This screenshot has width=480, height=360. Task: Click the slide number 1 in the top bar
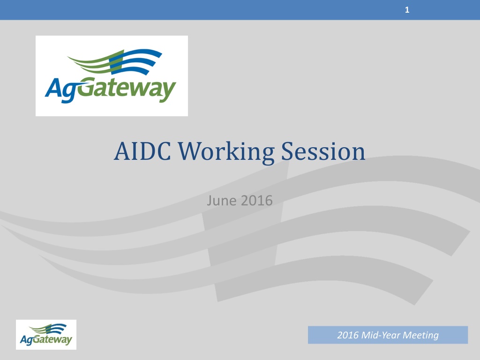click(x=407, y=10)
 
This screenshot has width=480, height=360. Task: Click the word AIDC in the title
click(x=142, y=151)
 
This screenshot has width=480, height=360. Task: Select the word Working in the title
click(x=226, y=152)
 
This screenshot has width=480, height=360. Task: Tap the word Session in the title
click(x=323, y=151)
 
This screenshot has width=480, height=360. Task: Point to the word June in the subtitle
click(x=222, y=201)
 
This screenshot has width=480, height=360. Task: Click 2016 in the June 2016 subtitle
click(x=256, y=201)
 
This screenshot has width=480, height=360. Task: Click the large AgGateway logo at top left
click(x=112, y=75)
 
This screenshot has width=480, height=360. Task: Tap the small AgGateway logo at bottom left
click(x=46, y=335)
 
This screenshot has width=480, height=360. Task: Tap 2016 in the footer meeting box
click(x=348, y=335)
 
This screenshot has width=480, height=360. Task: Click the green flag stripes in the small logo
click(x=41, y=329)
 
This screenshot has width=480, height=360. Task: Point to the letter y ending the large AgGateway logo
click(x=168, y=92)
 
